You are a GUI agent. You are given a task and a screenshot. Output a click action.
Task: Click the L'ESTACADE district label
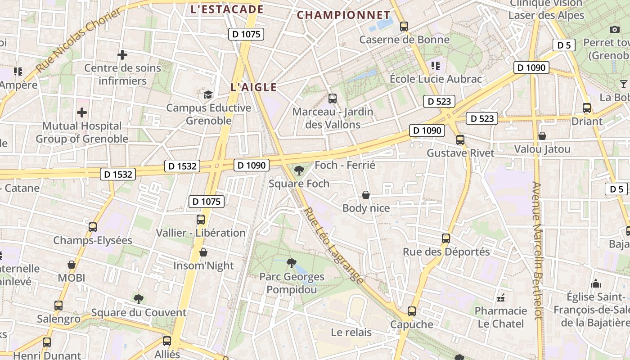227,9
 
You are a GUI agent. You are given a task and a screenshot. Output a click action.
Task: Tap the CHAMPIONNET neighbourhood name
343,15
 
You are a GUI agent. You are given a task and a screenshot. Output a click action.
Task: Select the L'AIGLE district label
253,87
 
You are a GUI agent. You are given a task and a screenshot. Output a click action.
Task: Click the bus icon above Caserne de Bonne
404,27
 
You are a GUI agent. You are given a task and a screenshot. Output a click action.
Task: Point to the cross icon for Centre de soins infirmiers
122,55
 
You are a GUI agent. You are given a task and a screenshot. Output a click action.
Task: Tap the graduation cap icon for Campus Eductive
208,94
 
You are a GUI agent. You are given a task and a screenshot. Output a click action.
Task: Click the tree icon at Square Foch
299,171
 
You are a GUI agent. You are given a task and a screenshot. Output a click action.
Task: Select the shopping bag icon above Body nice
366,195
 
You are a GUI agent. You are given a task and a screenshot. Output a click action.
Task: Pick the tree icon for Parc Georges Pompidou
292,263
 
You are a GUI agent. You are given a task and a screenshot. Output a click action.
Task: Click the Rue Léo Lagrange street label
333,245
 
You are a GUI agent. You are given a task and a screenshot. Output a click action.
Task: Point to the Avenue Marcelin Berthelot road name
537,250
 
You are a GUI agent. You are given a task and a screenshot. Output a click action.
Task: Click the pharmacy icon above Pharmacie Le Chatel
500,298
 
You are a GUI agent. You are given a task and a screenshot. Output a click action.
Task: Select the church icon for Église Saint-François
596,283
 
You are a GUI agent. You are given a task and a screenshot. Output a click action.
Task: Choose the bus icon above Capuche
411,311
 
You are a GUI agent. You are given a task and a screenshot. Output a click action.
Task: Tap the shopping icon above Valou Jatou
542,135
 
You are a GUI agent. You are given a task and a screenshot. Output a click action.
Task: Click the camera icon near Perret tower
614,30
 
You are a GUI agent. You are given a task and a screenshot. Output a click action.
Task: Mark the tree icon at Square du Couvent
139,299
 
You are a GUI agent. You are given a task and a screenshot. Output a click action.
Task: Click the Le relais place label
351,333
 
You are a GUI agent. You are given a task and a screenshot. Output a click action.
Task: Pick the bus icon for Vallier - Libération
201,220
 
